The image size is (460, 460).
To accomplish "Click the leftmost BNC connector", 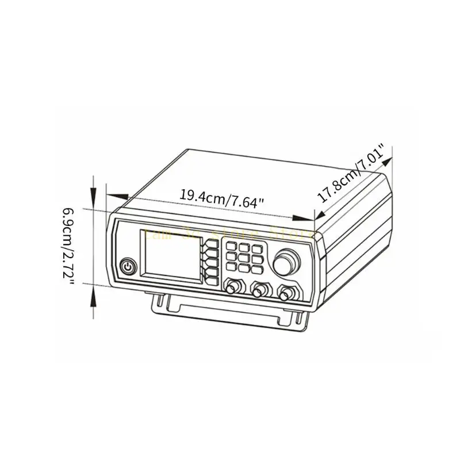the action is coord(233,287).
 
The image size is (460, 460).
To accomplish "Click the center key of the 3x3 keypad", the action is coord(245,258).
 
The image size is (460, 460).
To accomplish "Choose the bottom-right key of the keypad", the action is coord(257,269).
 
